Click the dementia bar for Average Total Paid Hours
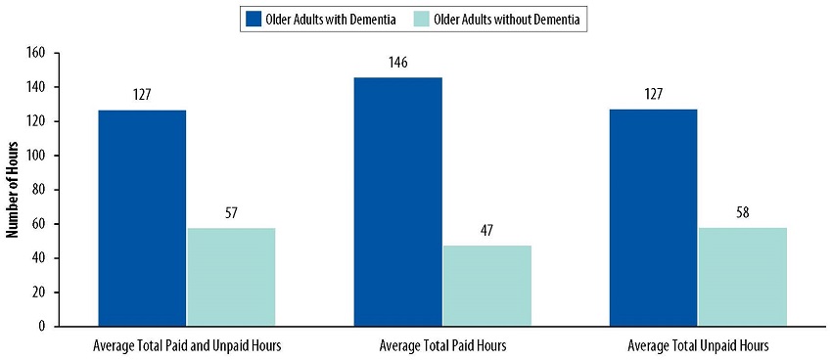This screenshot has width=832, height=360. click(x=397, y=202)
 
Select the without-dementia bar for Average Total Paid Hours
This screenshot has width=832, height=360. click(x=486, y=286)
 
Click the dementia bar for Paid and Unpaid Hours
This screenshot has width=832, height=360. click(x=142, y=217)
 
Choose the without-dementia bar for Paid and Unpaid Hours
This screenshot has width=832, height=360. click(x=231, y=277)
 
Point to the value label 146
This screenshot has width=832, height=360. click(x=397, y=63)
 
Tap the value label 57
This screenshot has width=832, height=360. click(x=231, y=214)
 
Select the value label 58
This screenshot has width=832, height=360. click(x=742, y=213)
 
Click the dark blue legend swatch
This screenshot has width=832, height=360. click(x=253, y=19)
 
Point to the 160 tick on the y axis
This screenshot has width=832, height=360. click(x=37, y=53)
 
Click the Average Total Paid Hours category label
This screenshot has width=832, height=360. click(x=442, y=345)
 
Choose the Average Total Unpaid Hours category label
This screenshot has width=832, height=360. click(x=698, y=345)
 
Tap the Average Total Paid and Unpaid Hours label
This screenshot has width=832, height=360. click(x=187, y=345)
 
